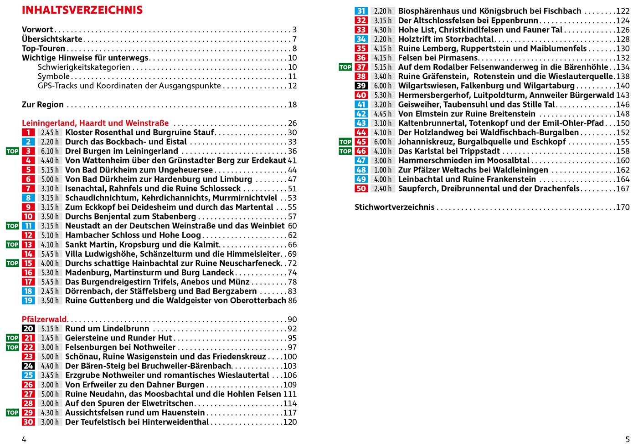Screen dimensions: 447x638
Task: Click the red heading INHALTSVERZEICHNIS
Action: pyautogui.click(x=82, y=10)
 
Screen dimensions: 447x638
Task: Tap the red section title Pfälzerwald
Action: pyautogui.click(x=44, y=319)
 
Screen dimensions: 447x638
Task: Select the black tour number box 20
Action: pyautogui.click(x=28, y=329)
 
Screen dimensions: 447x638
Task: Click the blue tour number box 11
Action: pyautogui.click(x=28, y=226)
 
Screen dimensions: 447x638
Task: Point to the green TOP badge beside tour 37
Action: pyautogui.click(x=345, y=67)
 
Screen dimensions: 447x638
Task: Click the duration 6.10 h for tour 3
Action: pyautogui.click(x=50, y=151)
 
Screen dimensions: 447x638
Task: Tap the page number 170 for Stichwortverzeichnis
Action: pyautogui.click(x=623, y=207)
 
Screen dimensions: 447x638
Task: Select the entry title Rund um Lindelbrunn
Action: pyautogui.click(x=107, y=329)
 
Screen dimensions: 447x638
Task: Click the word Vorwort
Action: pyautogui.click(x=37, y=30)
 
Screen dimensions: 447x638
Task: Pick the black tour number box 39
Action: pyautogui.click(x=361, y=86)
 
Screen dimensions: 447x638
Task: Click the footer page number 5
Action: pyautogui.click(x=628, y=439)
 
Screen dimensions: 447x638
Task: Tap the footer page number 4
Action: pyautogui.click(x=24, y=439)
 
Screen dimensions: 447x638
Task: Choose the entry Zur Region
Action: pyautogui.click(x=43, y=104)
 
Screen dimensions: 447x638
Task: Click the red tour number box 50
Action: pyautogui.click(x=361, y=188)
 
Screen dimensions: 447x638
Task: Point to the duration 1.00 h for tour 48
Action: pyautogui.click(x=383, y=170)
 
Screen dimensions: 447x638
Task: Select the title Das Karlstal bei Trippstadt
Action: pyautogui.click(x=449, y=151)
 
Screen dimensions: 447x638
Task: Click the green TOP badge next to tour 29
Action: pyautogui.click(x=12, y=412)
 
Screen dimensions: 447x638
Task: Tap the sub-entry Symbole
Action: pyautogui.click(x=54, y=76)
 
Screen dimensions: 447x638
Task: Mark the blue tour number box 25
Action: pyautogui.click(x=28, y=375)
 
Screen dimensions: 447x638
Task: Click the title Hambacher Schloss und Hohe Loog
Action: pyautogui.click(x=133, y=235)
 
